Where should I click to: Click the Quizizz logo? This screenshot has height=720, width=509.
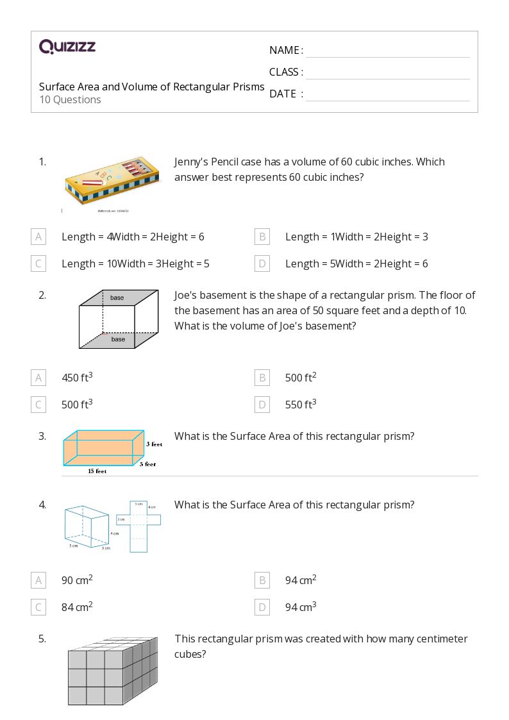pyautogui.click(x=67, y=47)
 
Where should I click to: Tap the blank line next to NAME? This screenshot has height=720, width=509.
pyautogui.click(x=387, y=51)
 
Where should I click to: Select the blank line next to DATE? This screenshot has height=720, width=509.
pyautogui.click(x=387, y=94)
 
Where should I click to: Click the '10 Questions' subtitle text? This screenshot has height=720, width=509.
pyautogui.click(x=70, y=100)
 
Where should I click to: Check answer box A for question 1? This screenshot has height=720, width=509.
pyautogui.click(x=38, y=237)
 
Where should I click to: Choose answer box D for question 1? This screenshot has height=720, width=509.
pyautogui.click(x=262, y=264)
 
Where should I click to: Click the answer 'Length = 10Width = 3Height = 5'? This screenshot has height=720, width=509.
pyautogui.click(x=135, y=264)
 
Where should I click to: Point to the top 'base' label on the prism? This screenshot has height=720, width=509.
pyautogui.click(x=117, y=297)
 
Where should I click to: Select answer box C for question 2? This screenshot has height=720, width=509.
pyautogui.click(x=38, y=405)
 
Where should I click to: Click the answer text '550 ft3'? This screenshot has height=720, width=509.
pyautogui.click(x=300, y=405)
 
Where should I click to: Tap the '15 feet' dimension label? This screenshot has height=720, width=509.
pyautogui.click(x=97, y=471)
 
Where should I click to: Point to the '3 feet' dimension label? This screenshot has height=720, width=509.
pyautogui.click(x=153, y=444)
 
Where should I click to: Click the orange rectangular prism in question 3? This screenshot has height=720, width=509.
pyautogui.click(x=103, y=448)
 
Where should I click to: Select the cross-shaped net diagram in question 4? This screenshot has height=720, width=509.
pyautogui.click(x=139, y=526)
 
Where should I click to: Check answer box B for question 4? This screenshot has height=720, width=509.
pyautogui.click(x=262, y=580)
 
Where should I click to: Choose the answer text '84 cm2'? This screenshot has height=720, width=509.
pyautogui.click(x=77, y=607)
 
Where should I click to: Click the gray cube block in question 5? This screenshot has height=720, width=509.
pyautogui.click(x=112, y=671)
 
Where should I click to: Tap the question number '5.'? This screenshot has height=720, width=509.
pyautogui.click(x=42, y=639)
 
